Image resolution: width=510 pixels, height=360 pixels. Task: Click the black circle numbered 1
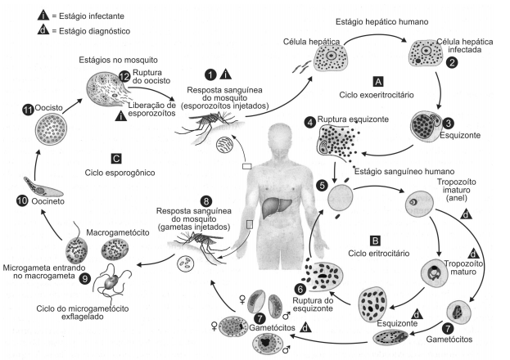pyautogui.click(x=212, y=74)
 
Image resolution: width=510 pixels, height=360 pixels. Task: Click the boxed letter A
pyautogui.click(x=377, y=82)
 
